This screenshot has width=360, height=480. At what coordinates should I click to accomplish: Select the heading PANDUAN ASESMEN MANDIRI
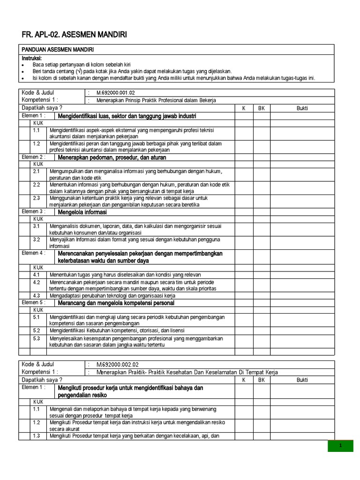[x=59, y=50]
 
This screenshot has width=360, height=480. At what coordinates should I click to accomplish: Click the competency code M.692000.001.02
[x=115, y=93]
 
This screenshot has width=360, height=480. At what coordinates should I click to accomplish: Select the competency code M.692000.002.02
[x=117, y=364]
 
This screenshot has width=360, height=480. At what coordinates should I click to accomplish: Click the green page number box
[x=340, y=446]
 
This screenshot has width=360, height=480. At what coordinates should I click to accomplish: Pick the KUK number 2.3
[x=37, y=198]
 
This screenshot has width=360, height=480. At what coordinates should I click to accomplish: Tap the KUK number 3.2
[x=37, y=239]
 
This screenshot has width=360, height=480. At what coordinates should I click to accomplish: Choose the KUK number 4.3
[x=37, y=295]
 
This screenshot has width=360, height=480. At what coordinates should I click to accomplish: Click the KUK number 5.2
[x=37, y=330]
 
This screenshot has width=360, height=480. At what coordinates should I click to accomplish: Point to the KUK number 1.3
[x=37, y=436]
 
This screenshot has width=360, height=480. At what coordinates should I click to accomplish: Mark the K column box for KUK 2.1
[x=244, y=174]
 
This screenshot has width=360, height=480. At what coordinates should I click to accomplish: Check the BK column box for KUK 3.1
[x=262, y=229]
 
